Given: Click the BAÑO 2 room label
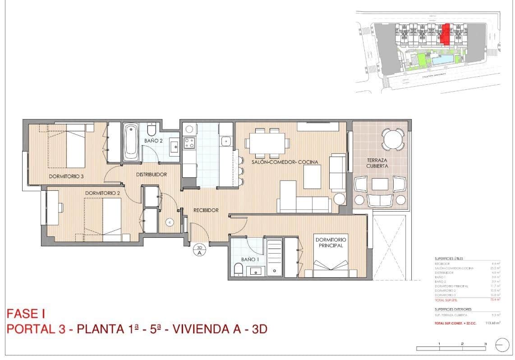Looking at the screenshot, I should [x=153, y=141].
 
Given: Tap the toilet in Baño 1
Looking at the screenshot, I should [x=238, y=270].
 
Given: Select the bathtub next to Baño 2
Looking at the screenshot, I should [x=131, y=142].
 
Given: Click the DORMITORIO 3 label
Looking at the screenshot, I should [x=67, y=176].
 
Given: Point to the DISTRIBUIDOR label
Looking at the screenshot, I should [x=152, y=174].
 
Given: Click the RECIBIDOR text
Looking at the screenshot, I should [x=206, y=210].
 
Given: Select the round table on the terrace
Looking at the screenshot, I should [x=393, y=138].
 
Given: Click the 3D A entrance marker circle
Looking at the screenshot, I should [x=199, y=249].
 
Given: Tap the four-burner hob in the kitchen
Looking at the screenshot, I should [x=189, y=143].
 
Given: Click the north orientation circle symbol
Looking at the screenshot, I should [x=501, y=346].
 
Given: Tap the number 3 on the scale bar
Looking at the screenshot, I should [x=485, y=344].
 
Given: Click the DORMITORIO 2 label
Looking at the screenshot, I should [x=102, y=193].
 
